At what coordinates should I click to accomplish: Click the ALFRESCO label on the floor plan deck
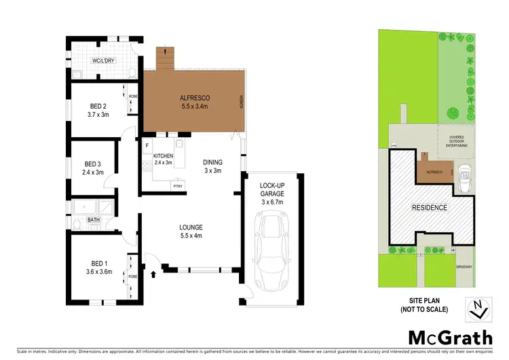pos(193,101)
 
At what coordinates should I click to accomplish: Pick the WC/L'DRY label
pos(103,61)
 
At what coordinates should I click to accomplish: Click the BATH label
pos(93,220)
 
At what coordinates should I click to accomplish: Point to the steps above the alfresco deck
pos(165,58)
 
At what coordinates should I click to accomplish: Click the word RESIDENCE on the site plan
pos(430,208)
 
